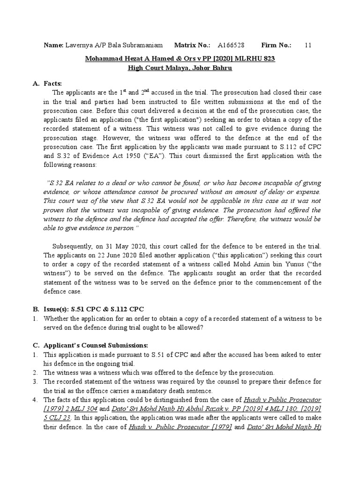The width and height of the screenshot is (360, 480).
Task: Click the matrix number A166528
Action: (232, 45)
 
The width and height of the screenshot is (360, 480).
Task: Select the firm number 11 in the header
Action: (307, 45)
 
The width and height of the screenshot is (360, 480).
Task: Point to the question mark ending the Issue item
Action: (202, 327)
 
